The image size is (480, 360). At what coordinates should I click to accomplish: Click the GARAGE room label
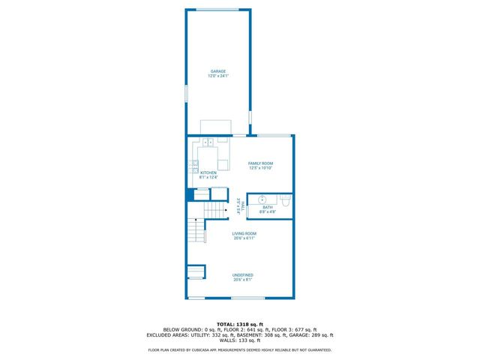[218, 71]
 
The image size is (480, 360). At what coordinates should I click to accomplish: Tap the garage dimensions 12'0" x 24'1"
[218, 76]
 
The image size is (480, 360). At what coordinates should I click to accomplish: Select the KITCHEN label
[208, 172]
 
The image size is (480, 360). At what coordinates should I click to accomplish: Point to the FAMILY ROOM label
[261, 163]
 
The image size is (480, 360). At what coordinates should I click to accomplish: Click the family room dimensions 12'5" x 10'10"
[261, 168]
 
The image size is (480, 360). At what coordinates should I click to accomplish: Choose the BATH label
[268, 207]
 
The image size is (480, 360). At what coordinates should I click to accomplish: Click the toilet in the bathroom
[286, 200]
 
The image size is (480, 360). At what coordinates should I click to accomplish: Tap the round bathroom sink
[262, 199]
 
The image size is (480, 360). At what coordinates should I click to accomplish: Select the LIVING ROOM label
[244, 234]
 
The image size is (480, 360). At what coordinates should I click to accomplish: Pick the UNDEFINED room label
[242, 275]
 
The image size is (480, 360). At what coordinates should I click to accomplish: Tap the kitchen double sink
[208, 142]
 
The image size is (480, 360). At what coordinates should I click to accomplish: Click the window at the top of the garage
[218, 9]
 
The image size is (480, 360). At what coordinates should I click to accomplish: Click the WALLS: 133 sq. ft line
[240, 340]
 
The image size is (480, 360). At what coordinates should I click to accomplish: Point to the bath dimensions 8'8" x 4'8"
[268, 212]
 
